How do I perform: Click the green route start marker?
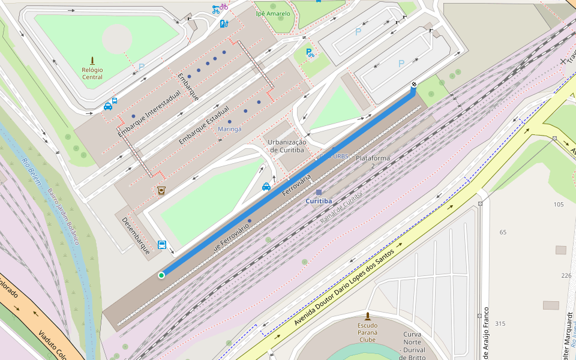click(161, 275)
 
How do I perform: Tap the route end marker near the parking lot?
click(413, 85)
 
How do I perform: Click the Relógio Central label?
click(92, 73)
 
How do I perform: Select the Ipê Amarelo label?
click(272, 13)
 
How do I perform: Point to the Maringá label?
click(229, 129)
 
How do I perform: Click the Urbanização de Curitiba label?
click(287, 146)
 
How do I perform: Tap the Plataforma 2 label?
click(373, 161)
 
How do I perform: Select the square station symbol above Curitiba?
click(319, 192)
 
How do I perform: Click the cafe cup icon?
click(161, 190)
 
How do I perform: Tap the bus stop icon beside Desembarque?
click(161, 245)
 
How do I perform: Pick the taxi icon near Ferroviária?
click(266, 187)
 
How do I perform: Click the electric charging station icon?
click(224, 24)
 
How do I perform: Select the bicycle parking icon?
click(310, 53)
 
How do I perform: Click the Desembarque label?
click(136, 235)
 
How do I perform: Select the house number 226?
click(566, 275)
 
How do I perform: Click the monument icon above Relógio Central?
click(92, 60)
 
